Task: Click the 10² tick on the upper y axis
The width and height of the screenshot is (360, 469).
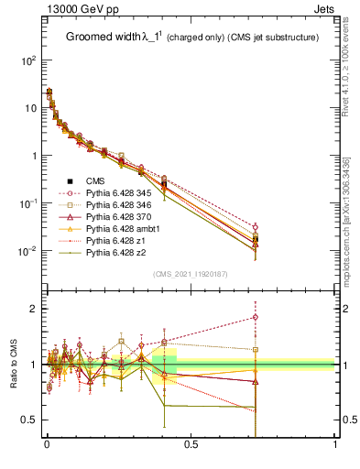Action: click(29, 60)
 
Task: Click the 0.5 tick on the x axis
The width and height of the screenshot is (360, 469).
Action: click(191, 444)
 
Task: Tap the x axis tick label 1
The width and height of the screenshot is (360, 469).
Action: click(335, 444)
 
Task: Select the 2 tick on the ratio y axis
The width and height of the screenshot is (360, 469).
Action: click(33, 309)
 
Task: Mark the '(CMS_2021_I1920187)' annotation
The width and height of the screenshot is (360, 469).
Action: click(191, 274)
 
